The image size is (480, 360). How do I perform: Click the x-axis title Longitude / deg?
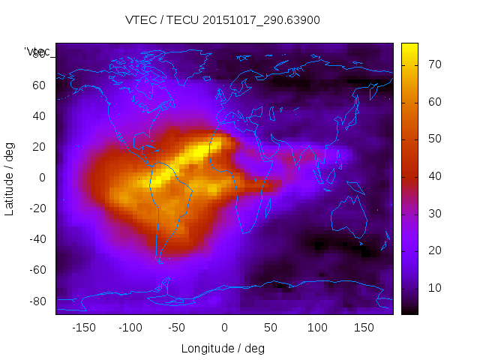pyautogui.click(x=223, y=349)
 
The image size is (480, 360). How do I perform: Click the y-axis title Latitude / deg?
pyautogui.click(x=10, y=177)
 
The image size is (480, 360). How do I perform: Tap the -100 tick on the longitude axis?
pyautogui.click(x=130, y=328)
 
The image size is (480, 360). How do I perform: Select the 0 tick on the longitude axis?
pyautogui.click(x=224, y=328)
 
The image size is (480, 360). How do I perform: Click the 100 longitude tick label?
pyautogui.click(x=318, y=328)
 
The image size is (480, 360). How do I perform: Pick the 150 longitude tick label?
pyautogui.click(x=364, y=328)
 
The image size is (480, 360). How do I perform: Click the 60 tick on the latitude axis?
pyautogui.click(x=40, y=85)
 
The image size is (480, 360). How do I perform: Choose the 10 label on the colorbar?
pyautogui.click(x=432, y=288)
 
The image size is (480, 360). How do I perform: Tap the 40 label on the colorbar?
pyautogui.click(x=432, y=176)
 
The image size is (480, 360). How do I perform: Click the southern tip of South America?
pyautogui.click(x=160, y=260)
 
